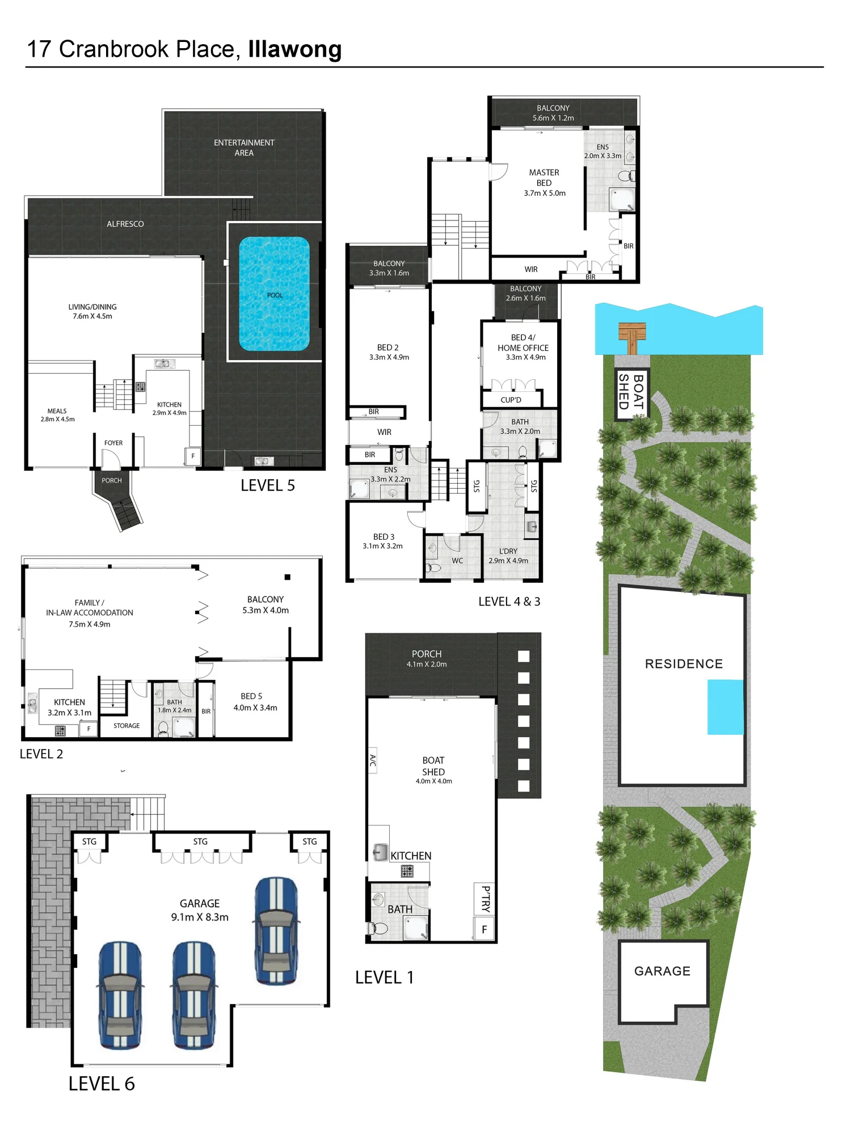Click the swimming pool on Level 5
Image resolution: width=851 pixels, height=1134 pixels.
tap(275, 294)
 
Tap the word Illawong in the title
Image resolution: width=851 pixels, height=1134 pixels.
tap(295, 50)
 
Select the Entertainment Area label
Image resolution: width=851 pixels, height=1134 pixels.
tap(244, 147)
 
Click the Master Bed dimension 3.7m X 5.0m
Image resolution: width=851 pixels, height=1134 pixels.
tap(545, 193)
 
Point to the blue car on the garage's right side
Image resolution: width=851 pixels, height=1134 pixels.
tap(276, 931)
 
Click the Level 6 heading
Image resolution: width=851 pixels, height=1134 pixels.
tap(102, 1084)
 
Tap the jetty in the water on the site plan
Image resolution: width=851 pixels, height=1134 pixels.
tap(632, 338)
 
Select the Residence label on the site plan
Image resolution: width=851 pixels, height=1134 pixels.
tap(684, 664)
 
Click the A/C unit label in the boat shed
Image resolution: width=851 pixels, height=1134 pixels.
tap(373, 760)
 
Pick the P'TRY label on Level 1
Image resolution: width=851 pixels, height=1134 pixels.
tap(486, 899)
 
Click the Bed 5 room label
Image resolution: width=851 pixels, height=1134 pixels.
tap(251, 696)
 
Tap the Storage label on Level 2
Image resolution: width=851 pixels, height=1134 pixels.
tap(127, 726)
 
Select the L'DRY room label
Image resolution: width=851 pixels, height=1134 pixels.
tap(508, 551)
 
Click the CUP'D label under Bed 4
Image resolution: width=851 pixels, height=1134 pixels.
tap(511, 400)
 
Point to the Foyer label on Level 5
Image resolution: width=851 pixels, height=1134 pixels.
tap(113, 443)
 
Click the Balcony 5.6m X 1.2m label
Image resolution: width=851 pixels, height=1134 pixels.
tap(553, 113)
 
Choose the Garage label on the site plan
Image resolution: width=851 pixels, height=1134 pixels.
tap(662, 971)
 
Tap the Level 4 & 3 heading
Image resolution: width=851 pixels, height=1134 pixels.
tap(509, 602)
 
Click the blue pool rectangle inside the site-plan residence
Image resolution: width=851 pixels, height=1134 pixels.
tap(725, 707)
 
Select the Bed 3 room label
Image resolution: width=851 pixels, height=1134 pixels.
tap(384, 537)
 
